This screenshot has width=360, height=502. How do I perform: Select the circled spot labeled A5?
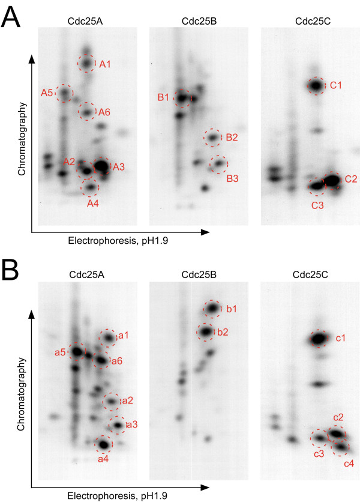(64, 93)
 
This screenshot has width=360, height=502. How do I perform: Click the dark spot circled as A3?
(101, 166)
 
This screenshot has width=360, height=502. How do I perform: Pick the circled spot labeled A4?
(90, 189)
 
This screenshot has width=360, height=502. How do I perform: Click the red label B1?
(163, 98)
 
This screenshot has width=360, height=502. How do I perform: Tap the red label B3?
(232, 178)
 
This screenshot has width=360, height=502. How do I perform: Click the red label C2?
(351, 179)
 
